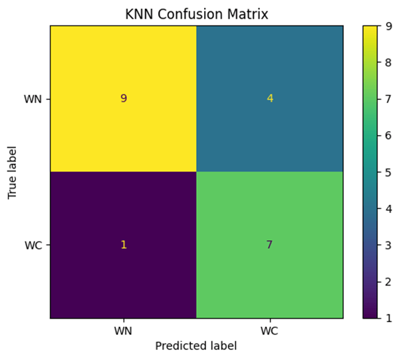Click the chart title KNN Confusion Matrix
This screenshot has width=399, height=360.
196,13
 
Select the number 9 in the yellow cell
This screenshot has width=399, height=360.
123,98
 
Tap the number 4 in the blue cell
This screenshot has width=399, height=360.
270,98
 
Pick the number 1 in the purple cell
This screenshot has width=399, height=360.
123,245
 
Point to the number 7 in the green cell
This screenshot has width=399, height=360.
270,245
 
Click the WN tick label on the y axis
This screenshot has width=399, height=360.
33,98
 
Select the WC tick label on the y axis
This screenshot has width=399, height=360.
34,245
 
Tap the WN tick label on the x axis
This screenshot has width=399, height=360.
123,331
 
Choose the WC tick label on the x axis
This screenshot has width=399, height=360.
270,331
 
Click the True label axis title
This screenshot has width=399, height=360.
12,172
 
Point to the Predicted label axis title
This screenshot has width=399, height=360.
196,346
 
